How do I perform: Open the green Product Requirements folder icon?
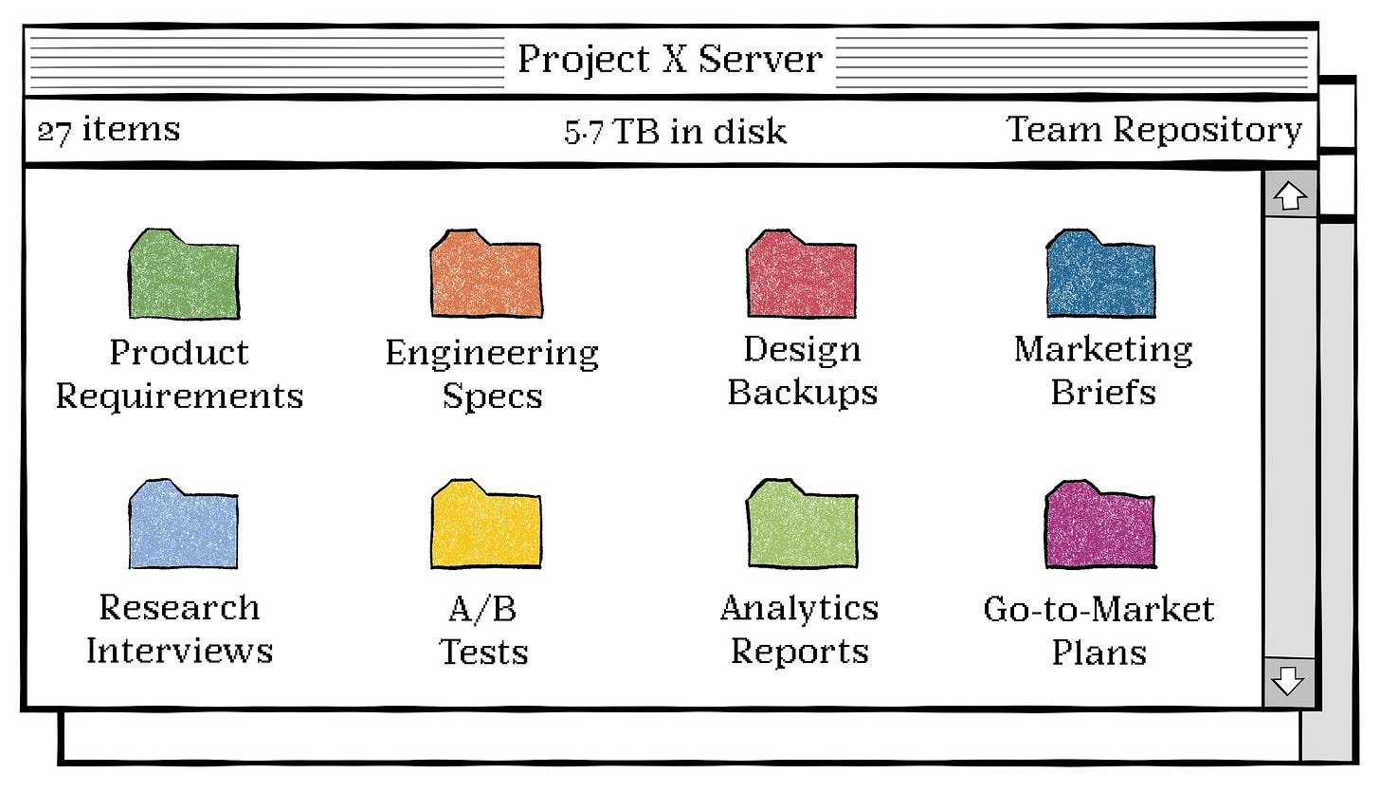[183, 275]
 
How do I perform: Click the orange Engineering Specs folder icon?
[486, 275]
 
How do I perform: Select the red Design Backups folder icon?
[801, 275]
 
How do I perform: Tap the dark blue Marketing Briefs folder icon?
[1100, 275]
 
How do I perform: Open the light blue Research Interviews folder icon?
[183, 526]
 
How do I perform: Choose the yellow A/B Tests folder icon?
[486, 526]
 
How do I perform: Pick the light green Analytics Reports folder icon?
[802, 526]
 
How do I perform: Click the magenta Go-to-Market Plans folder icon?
[1099, 526]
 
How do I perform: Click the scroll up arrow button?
[1290, 196]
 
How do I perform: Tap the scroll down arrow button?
[1289, 682]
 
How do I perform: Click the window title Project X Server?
[669, 60]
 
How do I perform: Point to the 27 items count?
[108, 130]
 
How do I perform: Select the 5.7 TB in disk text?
[675, 132]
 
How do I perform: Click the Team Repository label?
[1153, 130]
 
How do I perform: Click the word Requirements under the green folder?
[179, 396]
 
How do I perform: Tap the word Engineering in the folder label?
[492, 353]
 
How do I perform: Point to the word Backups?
[803, 393]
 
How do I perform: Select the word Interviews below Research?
[179, 651]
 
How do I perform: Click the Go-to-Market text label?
[1099, 608]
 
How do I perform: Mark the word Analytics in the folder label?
[799, 608]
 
